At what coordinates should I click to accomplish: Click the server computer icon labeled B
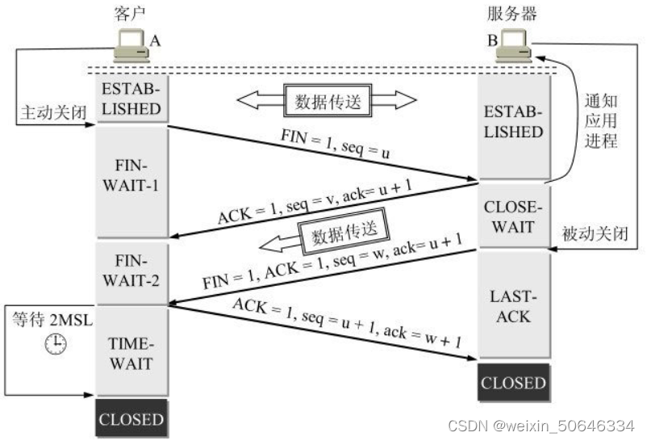point(515,46)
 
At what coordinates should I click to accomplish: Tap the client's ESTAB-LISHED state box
point(131,99)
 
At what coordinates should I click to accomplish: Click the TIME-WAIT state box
point(131,353)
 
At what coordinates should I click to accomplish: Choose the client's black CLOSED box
point(131,419)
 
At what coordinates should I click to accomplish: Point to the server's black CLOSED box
point(513,382)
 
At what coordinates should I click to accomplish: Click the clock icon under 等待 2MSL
point(56,342)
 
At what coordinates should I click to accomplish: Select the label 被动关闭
point(595,234)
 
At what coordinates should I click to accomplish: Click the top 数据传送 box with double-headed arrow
point(326,100)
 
